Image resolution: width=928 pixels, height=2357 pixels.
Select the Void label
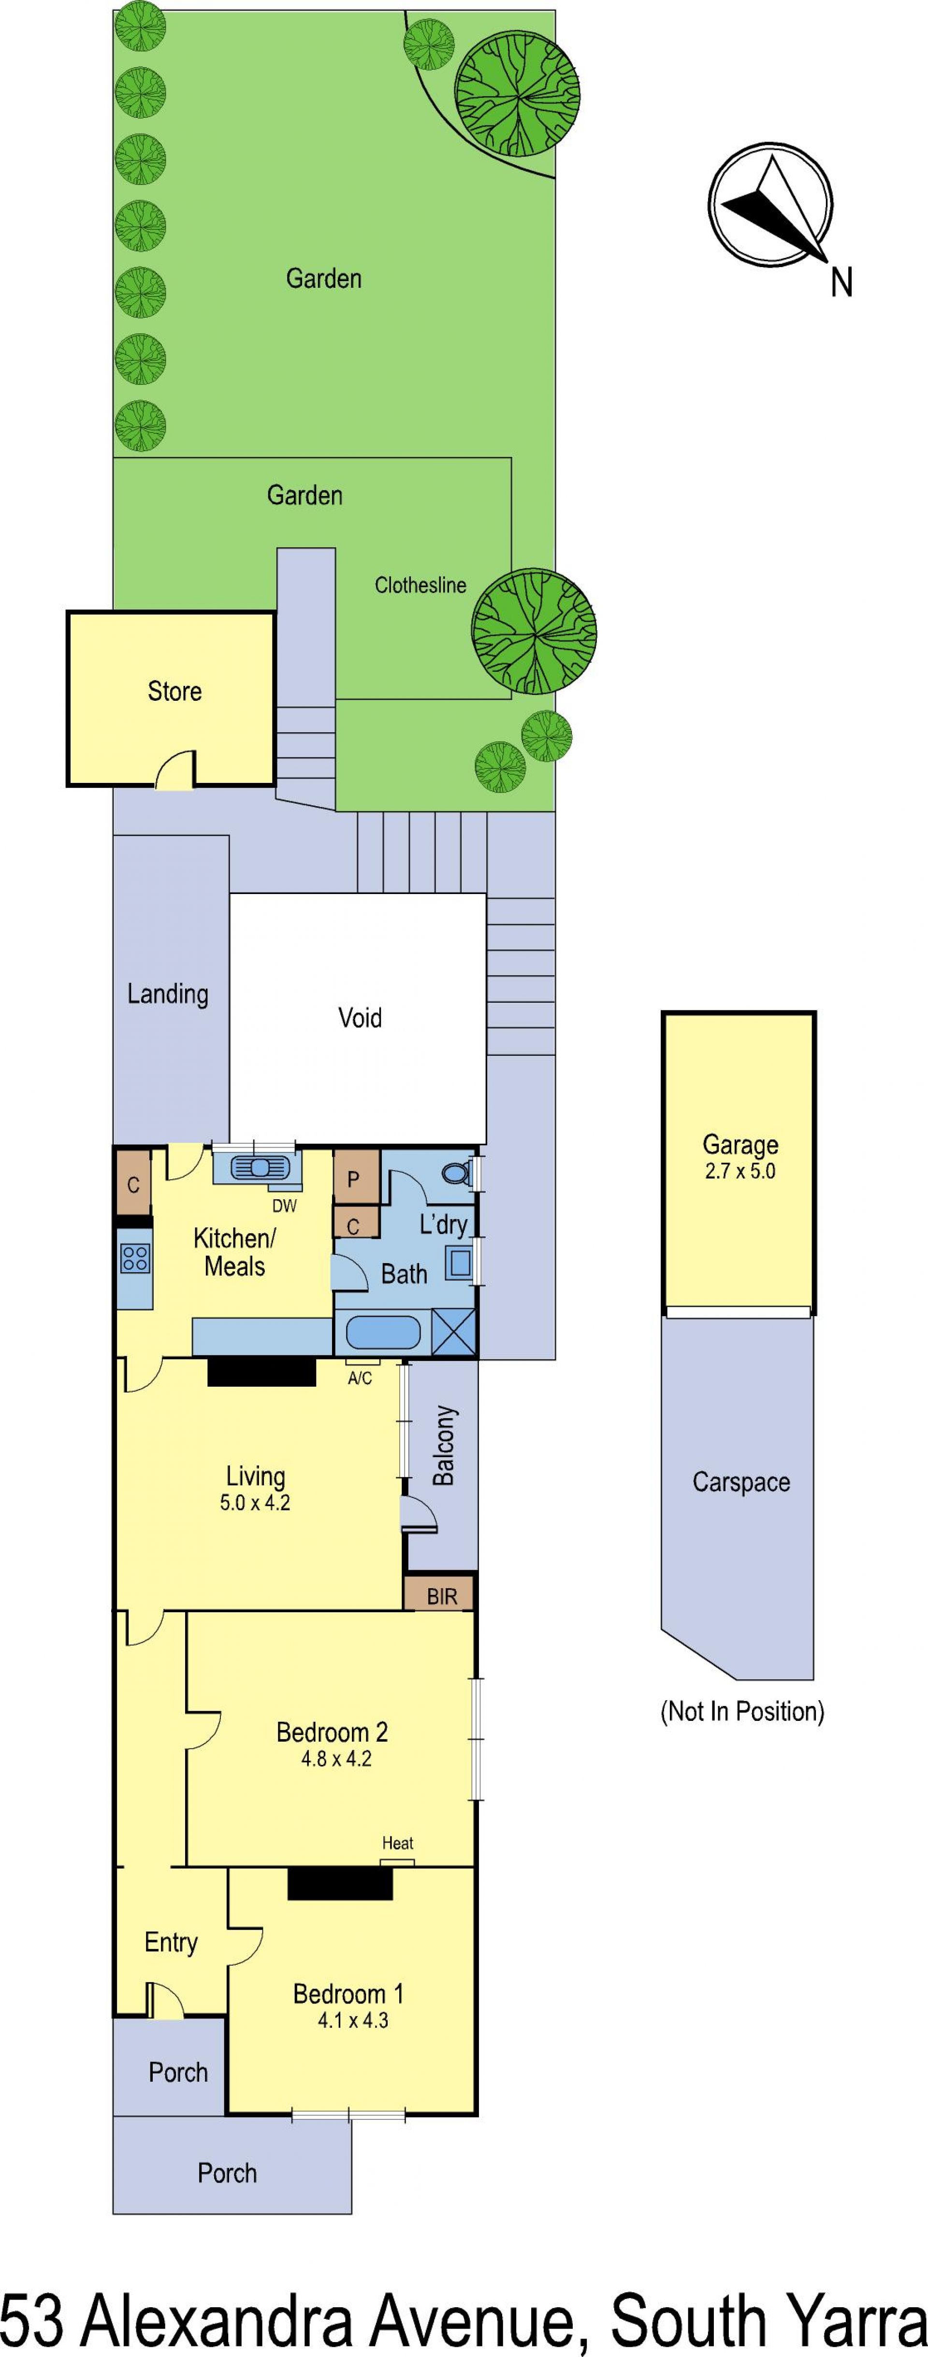[360, 1018]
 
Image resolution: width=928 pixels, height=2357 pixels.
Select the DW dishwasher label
[285, 1206]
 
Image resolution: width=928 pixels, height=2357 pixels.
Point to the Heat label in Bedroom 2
[398, 1843]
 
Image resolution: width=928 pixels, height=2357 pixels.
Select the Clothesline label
[420, 585]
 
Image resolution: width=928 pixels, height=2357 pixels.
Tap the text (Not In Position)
[742, 1711]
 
